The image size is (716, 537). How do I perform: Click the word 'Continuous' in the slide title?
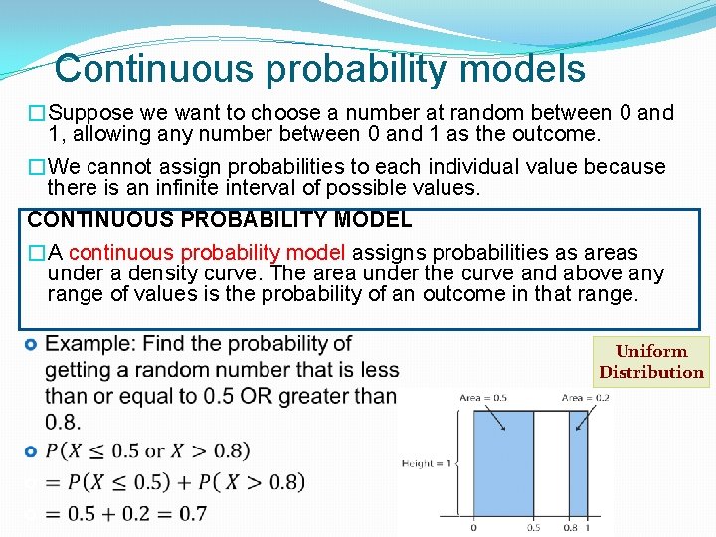coord(141,69)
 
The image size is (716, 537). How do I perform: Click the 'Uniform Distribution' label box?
coord(651,362)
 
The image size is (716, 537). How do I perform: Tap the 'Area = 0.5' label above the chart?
coord(483,398)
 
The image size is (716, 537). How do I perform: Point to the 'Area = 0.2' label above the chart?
coord(586,398)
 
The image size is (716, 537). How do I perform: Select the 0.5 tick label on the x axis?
coord(535,528)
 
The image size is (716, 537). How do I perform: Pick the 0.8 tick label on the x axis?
coord(571,528)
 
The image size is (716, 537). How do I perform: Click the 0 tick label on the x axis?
coord(473,528)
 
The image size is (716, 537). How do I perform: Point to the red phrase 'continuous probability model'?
coord(207,253)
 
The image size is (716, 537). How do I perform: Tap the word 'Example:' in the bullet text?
coord(90,344)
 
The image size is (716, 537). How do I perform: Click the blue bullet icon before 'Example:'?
coord(30,345)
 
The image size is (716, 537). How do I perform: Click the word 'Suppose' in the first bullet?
coord(85,113)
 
